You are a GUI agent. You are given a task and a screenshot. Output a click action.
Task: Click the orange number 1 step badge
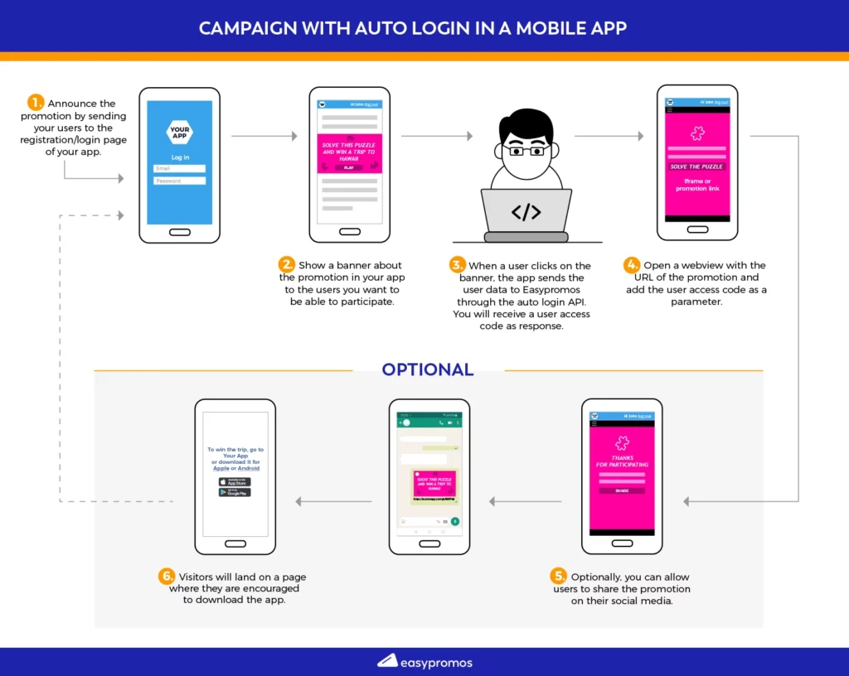36,103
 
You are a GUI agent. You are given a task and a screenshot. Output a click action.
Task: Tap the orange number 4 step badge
633,265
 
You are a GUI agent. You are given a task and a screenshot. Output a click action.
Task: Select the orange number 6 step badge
166,577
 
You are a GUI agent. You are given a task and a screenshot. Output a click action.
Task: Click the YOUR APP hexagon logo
180,132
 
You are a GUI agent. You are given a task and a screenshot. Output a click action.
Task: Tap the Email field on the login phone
180,168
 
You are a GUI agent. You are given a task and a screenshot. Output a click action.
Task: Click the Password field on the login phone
180,181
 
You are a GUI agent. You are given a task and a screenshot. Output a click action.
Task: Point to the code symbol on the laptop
526,212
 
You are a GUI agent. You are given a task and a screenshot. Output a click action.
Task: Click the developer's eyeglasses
526,152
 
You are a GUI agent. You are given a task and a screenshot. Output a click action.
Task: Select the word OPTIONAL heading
428,369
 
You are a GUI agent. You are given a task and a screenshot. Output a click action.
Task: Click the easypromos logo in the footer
424,662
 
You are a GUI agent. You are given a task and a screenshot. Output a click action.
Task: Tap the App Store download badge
235,481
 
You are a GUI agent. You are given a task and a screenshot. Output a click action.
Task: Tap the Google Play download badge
235,492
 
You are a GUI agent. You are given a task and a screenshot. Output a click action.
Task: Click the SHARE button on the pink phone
622,490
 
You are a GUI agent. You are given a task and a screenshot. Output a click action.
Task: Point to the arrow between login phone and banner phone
264,135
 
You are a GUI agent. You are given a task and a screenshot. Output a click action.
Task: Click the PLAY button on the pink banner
348,167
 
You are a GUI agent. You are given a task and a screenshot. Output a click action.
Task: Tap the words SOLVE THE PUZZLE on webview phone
696,167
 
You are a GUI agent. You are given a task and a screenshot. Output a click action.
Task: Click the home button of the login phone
180,232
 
